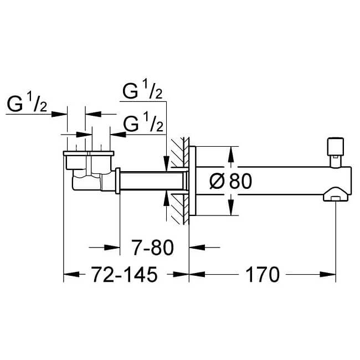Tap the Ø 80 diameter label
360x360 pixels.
tap(232, 181)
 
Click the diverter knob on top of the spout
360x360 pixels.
tap(334, 146)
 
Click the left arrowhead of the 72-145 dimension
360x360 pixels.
tap(68, 274)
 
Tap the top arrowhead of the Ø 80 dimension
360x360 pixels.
tap(231, 150)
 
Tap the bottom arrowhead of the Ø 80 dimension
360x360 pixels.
tap(231, 211)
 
